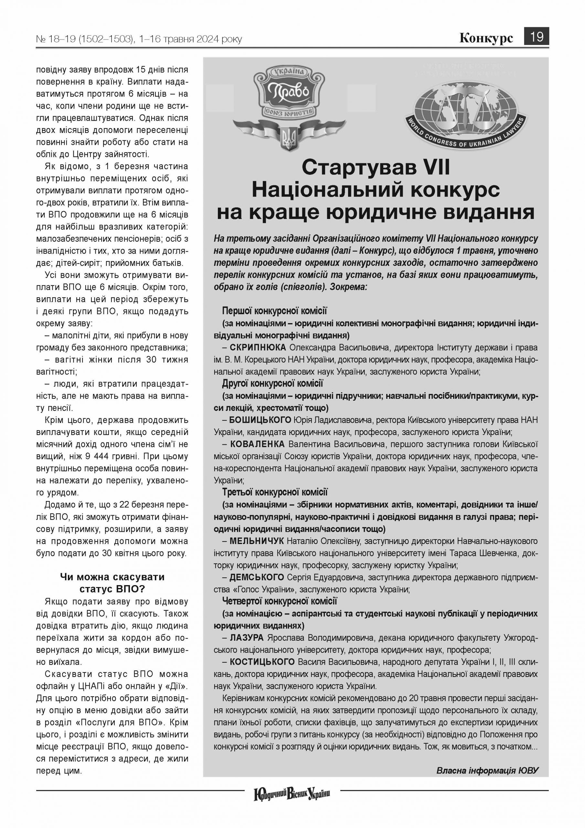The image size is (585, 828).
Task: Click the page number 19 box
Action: [x=536, y=37]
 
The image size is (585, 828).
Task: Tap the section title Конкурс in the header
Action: [x=486, y=38]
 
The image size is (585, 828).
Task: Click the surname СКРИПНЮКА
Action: [x=258, y=348]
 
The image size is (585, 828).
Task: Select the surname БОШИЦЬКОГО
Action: [x=260, y=420]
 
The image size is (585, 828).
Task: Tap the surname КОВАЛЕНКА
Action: [x=257, y=444]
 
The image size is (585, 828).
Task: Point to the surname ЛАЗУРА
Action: [x=247, y=637]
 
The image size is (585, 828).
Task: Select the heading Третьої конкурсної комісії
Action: [x=275, y=492]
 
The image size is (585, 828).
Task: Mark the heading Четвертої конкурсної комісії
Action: [x=279, y=601]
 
